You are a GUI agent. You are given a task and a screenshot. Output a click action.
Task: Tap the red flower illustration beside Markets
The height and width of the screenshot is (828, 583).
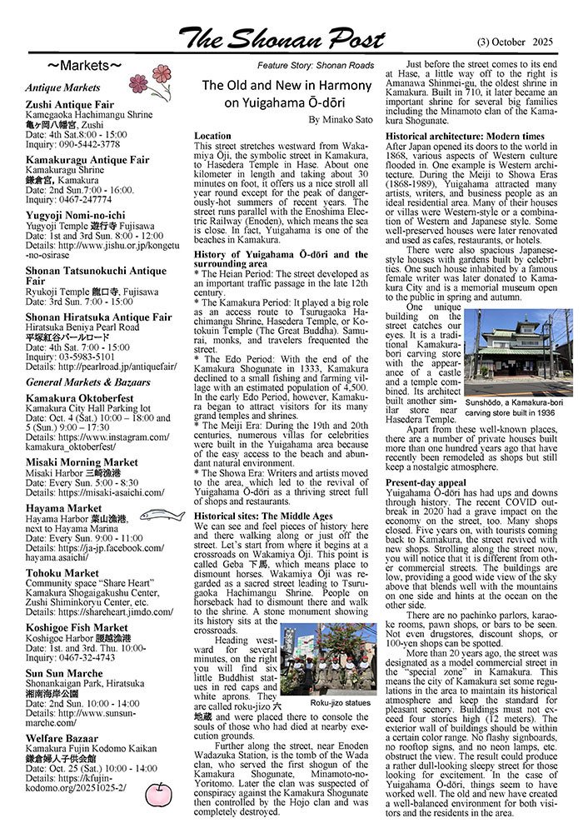(151, 78)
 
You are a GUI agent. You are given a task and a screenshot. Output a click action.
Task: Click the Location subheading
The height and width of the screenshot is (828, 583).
(212, 136)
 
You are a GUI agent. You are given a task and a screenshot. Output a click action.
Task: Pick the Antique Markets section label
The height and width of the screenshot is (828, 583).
(62, 87)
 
